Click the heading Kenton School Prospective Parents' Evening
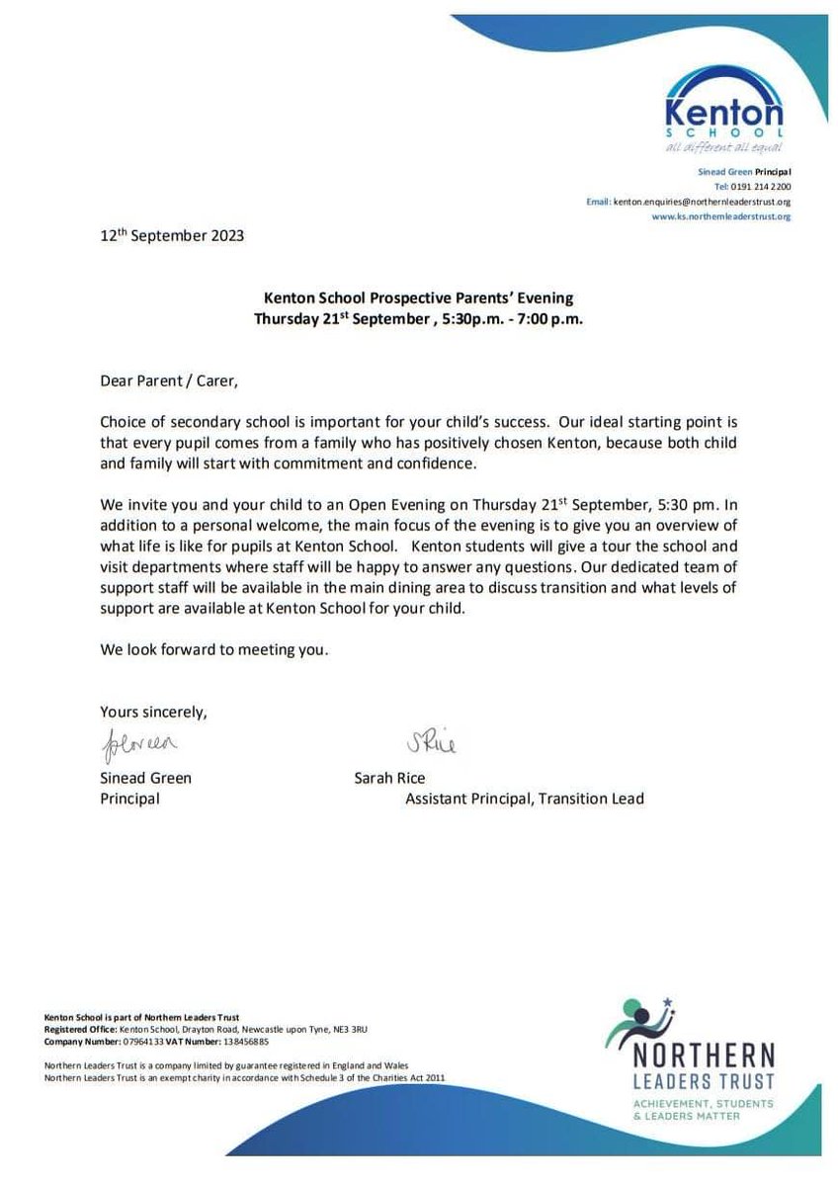click(418, 296)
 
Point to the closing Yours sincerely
click(154, 711)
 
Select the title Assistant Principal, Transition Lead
click(524, 799)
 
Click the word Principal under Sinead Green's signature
click(129, 799)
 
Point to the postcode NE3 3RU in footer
click(362, 1029)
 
